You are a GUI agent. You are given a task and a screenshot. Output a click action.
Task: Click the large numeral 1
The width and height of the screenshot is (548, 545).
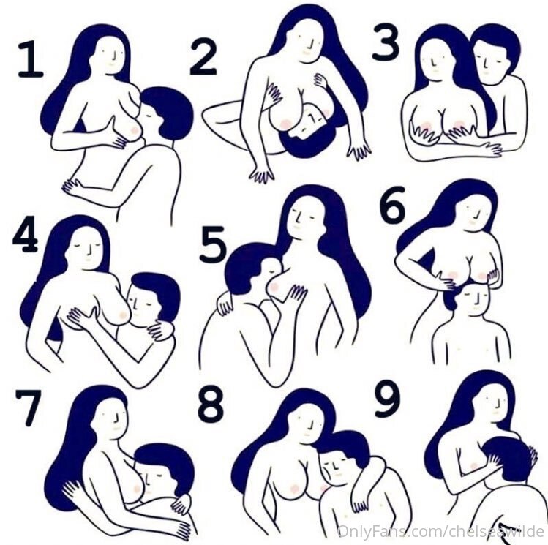[31, 59]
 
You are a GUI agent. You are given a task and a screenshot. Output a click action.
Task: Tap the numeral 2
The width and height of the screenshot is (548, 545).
[203, 58]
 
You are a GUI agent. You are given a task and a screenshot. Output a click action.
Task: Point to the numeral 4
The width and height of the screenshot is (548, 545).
[25, 233]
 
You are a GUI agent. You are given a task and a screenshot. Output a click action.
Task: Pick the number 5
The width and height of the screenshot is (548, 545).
[213, 244]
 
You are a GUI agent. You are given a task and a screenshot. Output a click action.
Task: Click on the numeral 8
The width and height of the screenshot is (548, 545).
[211, 405]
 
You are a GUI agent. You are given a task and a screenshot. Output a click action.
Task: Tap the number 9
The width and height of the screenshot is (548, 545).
[387, 400]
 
